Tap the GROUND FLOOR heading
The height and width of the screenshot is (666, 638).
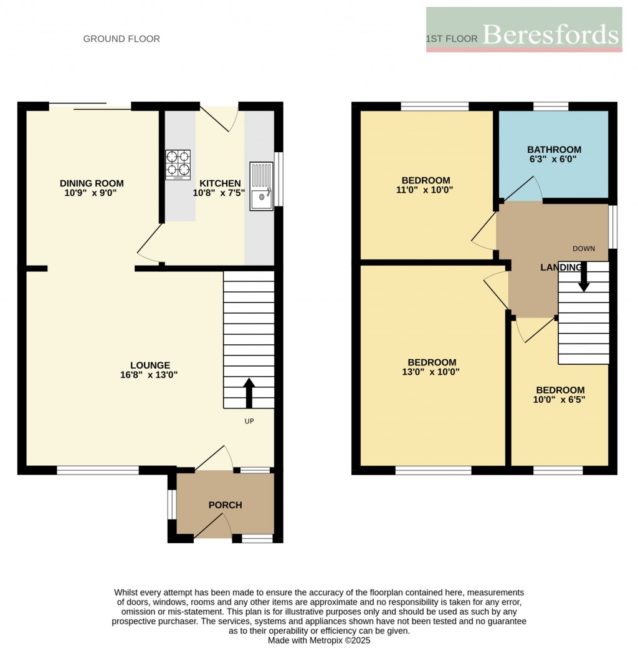click(x=121, y=39)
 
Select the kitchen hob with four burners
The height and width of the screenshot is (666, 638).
click(x=178, y=165)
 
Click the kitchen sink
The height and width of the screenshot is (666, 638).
click(x=261, y=186)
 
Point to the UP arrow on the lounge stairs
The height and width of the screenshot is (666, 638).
click(x=249, y=391)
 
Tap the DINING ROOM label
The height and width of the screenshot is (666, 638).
click(x=92, y=183)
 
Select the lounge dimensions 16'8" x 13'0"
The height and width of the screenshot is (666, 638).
click(x=150, y=375)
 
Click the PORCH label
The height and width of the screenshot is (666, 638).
click(x=225, y=505)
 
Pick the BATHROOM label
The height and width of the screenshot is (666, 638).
click(x=554, y=150)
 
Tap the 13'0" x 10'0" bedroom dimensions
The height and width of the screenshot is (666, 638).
click(x=432, y=372)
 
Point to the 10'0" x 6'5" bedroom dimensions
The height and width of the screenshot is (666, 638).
click(x=559, y=400)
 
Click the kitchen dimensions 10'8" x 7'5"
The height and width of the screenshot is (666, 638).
click(x=220, y=193)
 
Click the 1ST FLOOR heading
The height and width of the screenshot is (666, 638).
click(x=452, y=39)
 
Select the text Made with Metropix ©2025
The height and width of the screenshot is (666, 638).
click(x=319, y=640)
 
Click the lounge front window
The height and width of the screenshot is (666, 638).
click(x=98, y=471)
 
